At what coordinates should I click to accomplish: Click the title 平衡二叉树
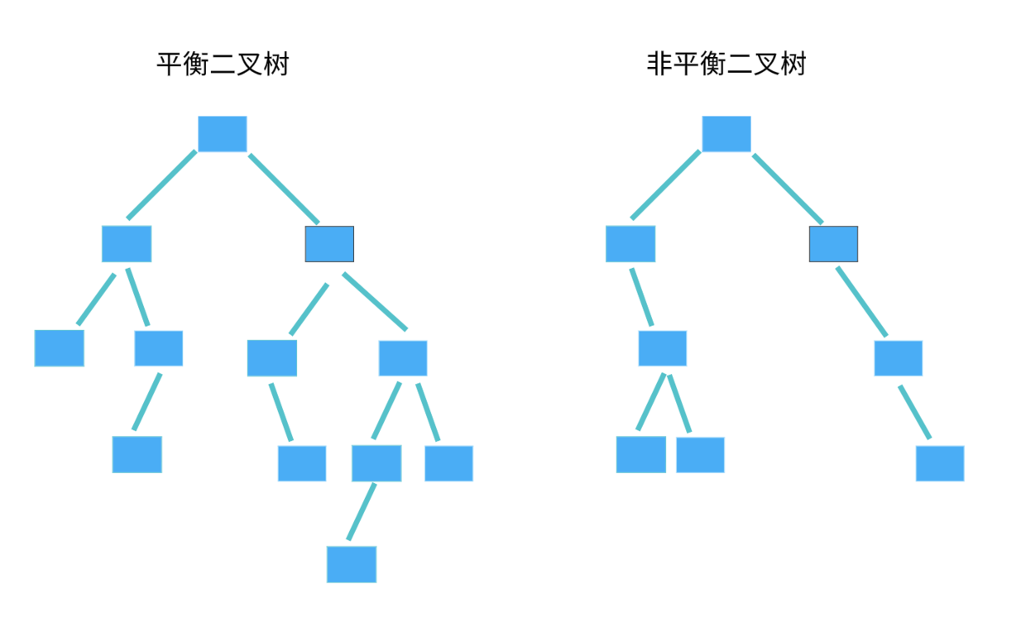(x=223, y=64)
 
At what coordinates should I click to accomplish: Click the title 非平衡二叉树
(x=726, y=64)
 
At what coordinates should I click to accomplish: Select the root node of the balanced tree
(x=222, y=134)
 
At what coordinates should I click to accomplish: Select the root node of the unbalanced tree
(x=726, y=134)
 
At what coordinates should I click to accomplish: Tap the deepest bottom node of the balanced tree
(x=351, y=564)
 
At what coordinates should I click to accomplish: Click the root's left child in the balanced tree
(x=127, y=244)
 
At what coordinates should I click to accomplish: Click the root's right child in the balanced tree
(x=329, y=244)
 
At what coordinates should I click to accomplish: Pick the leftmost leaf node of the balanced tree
(x=59, y=348)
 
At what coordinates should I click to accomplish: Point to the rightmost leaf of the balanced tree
(x=448, y=463)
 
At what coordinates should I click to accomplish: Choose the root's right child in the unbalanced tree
(x=833, y=244)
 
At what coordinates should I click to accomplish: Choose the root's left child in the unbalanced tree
(x=630, y=244)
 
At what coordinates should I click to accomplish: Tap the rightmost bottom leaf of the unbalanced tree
(x=939, y=463)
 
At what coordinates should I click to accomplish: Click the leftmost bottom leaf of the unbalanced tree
(x=640, y=455)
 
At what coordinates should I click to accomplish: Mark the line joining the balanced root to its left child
(x=161, y=185)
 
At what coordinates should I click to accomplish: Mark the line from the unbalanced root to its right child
(x=788, y=189)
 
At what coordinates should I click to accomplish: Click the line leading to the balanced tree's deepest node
(x=362, y=512)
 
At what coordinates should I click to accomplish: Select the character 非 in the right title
(x=659, y=64)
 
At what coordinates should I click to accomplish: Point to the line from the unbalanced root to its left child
(x=665, y=185)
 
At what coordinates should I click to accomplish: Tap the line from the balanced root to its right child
(x=284, y=189)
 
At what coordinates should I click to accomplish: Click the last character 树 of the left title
(x=276, y=64)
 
